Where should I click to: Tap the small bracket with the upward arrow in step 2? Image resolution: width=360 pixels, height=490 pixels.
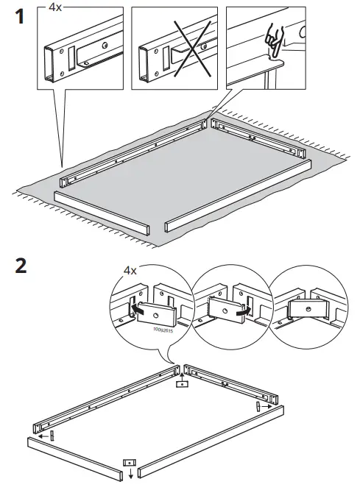(x=181, y=383)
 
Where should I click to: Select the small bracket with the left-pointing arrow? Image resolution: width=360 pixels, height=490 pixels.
(x=52, y=435)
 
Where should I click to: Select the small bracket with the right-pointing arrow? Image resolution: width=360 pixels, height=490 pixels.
(x=258, y=407)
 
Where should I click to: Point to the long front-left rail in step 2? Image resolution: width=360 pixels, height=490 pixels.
(x=74, y=456)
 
